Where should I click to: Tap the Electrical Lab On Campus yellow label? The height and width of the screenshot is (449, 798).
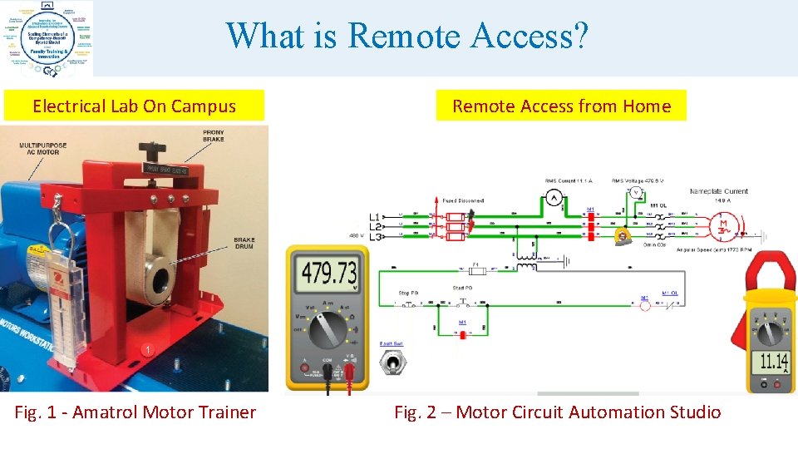click(x=134, y=106)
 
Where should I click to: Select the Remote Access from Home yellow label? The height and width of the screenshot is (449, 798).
click(x=561, y=106)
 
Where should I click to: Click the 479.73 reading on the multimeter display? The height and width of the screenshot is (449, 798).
click(x=330, y=273)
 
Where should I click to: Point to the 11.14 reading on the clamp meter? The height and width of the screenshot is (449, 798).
click(x=773, y=361)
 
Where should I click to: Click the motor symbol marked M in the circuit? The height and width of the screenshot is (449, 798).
click(x=723, y=224)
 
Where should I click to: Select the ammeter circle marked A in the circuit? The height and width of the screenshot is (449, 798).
click(x=554, y=197)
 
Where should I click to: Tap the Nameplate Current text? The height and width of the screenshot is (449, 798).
click(x=718, y=191)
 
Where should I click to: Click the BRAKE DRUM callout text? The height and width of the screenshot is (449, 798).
click(x=244, y=243)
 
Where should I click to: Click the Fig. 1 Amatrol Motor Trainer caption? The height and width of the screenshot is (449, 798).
click(x=135, y=412)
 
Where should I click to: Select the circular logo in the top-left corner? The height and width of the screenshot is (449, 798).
click(x=47, y=37)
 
